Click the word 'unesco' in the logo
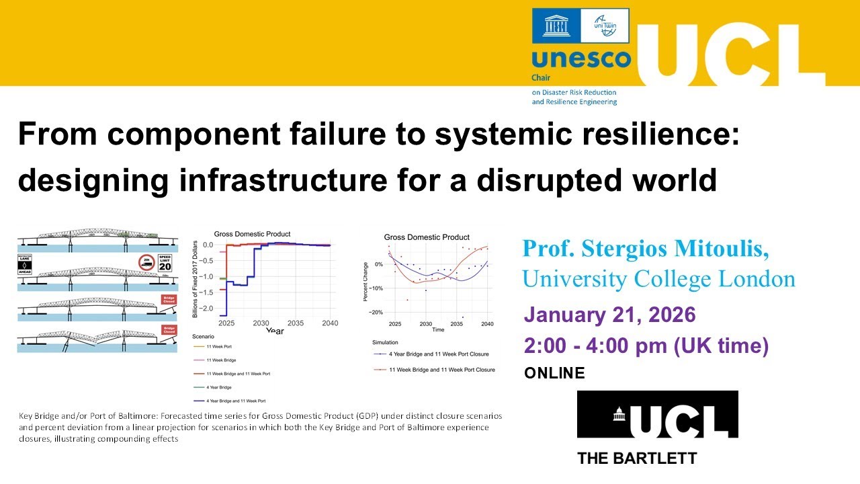point(581,58)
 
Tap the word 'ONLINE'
point(554,372)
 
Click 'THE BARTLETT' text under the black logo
point(637,458)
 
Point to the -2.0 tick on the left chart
point(208,308)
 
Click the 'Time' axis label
point(438,330)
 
